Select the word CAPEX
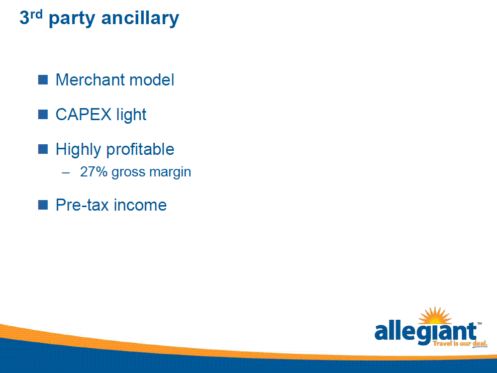83,115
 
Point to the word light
131,115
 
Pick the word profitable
140,150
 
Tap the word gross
128,173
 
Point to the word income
140,205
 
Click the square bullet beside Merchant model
43,79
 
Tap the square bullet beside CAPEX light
43,115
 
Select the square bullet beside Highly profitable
43,149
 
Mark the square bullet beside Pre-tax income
43,205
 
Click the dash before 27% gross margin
66,173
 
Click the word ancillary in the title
140,18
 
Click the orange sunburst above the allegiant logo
435,316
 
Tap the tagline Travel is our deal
460,343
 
